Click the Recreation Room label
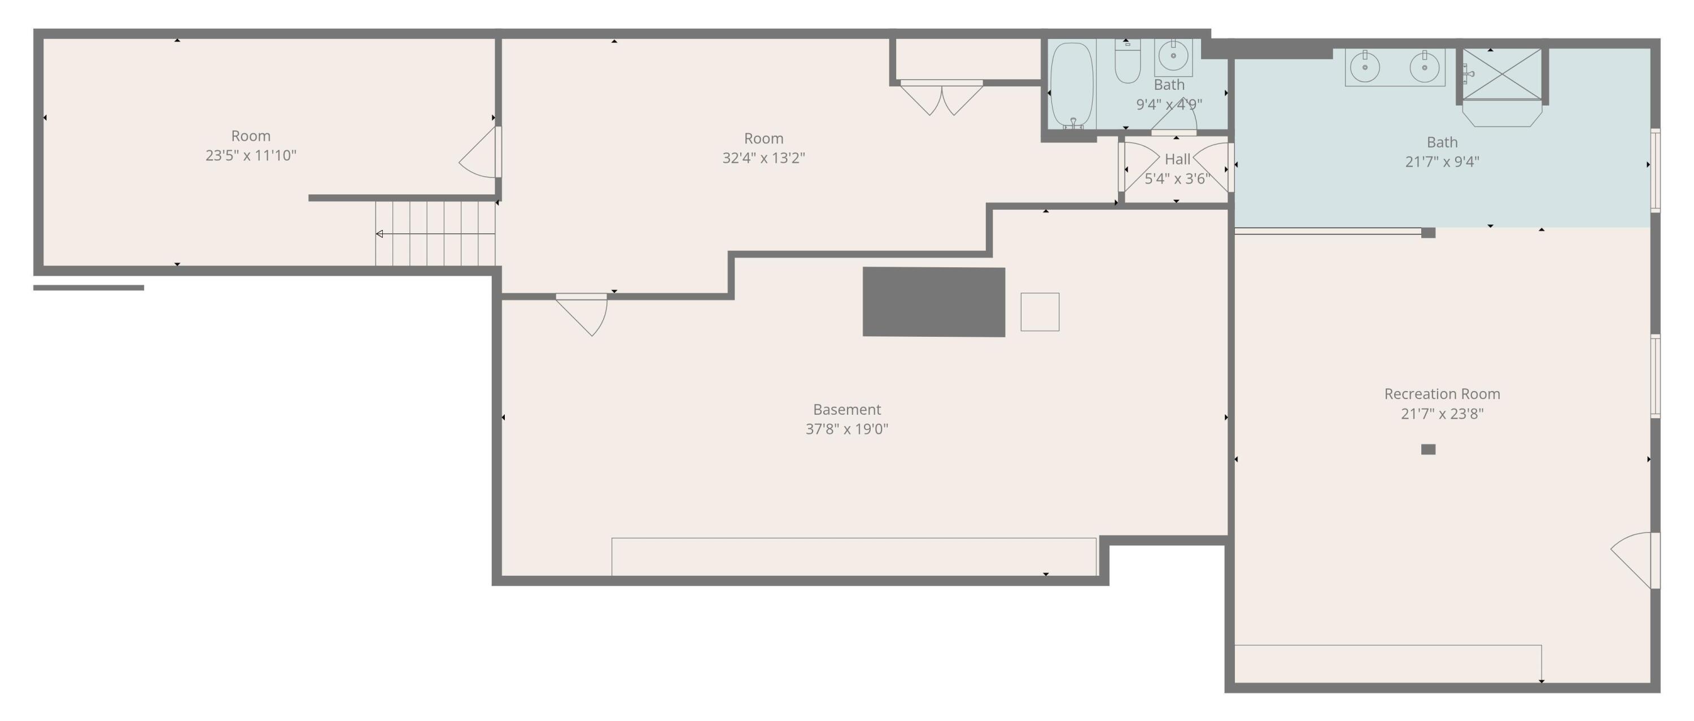(1442, 394)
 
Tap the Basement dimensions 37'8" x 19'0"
(846, 429)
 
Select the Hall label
(1177, 159)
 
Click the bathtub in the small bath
(1071, 85)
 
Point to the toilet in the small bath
(1127, 63)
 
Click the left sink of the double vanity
(1365, 67)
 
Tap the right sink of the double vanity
(1424, 67)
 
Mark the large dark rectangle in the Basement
(933, 302)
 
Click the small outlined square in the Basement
(1040, 312)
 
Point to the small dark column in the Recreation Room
(1427, 449)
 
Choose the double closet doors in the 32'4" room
(941, 97)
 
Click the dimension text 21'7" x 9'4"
(1442, 162)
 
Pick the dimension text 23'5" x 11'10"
(251, 156)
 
